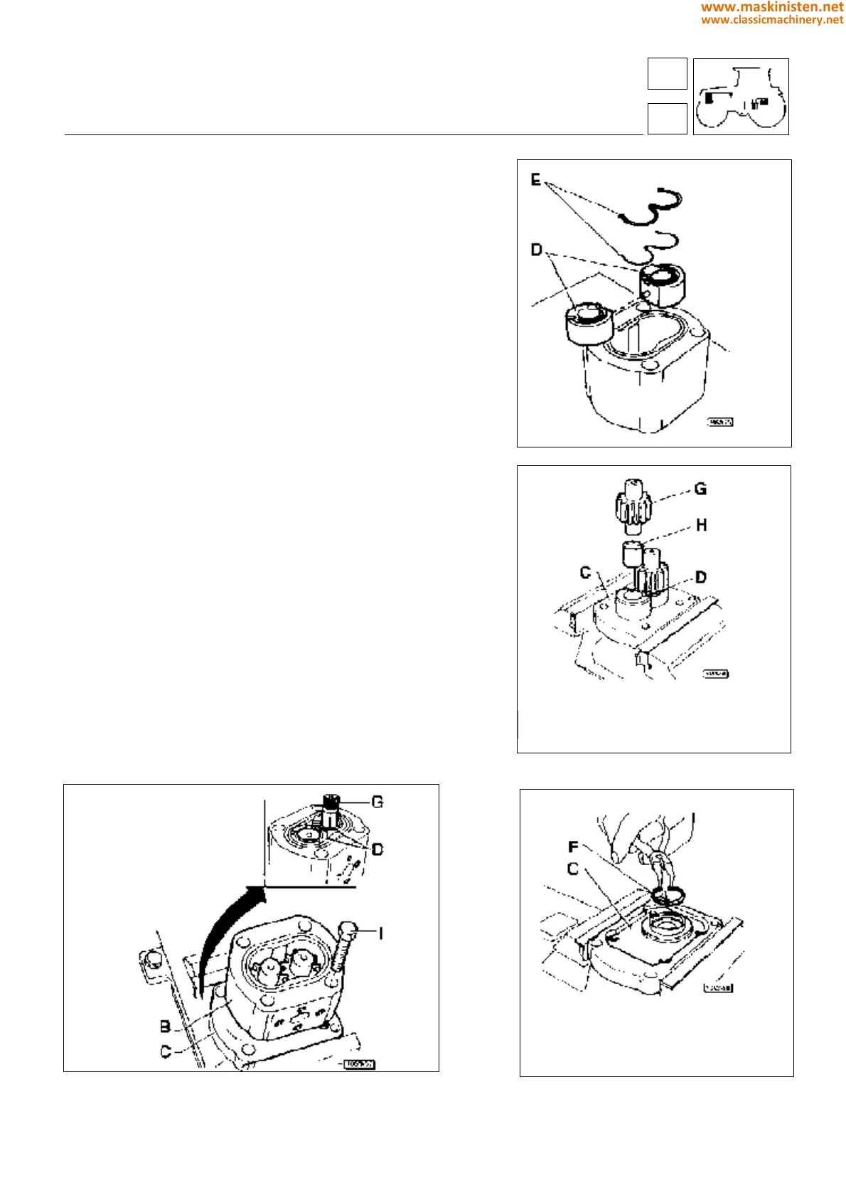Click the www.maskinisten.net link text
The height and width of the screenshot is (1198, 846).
(x=772, y=7)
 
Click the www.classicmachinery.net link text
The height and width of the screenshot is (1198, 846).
(x=772, y=20)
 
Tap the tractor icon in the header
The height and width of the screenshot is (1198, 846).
(x=741, y=97)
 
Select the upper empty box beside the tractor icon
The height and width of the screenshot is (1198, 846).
(x=667, y=74)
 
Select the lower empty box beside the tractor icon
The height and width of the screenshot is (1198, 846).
(x=667, y=118)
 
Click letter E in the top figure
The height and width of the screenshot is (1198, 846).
(x=536, y=180)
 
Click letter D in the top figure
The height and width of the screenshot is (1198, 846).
(x=537, y=250)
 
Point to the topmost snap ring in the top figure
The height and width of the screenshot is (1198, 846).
(x=652, y=208)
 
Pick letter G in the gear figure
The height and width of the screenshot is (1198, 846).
(x=700, y=489)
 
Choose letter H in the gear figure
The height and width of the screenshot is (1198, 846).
(x=702, y=525)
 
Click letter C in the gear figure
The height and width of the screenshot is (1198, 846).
(x=585, y=573)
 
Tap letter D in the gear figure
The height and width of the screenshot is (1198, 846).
(x=701, y=577)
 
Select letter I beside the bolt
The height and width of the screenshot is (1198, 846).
(x=381, y=933)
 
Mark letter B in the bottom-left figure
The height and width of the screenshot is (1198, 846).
(x=165, y=1027)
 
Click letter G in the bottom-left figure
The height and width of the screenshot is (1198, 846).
(x=378, y=802)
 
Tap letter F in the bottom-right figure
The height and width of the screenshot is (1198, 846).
(x=573, y=847)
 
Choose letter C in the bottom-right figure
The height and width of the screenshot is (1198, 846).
(x=573, y=869)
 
